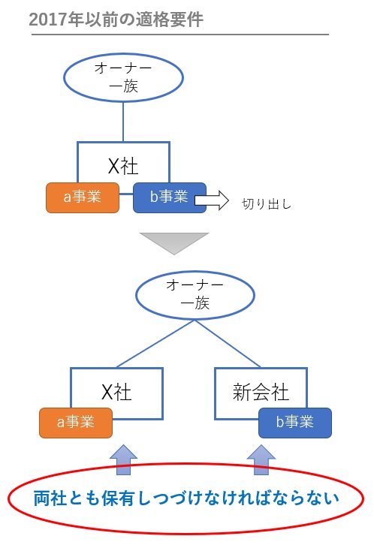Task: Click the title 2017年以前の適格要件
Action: [x=116, y=19]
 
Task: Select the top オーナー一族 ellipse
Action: [x=122, y=77]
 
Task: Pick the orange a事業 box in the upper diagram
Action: [x=82, y=198]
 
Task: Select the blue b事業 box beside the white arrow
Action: [x=168, y=198]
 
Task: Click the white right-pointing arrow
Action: [x=211, y=200]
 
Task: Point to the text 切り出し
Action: [x=266, y=203]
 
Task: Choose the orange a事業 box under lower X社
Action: [x=76, y=423]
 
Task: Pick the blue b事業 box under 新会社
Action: [x=294, y=423]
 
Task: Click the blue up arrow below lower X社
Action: [x=124, y=459]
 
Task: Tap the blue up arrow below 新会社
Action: [x=261, y=459]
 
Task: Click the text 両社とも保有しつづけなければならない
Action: [x=186, y=498]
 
